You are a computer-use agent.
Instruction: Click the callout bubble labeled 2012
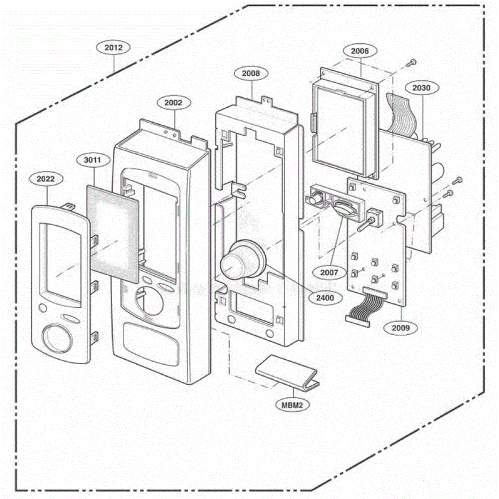pos(113,48)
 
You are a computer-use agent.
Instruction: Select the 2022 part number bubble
pos(46,179)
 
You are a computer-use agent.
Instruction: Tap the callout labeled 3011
pos(92,160)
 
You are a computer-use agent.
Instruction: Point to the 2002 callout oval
pos(173,103)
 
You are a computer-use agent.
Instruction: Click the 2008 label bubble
pos(251,73)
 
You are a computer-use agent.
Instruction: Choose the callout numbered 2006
pos(360,51)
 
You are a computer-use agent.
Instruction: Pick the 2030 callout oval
pos(422,88)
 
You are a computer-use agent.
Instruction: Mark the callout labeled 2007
pos(329,272)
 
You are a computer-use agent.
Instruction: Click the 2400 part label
pos(325,298)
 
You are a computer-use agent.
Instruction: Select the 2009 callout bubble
pos(401,328)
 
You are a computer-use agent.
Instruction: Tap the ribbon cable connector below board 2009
pos(357,320)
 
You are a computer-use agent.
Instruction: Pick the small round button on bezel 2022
pos(42,308)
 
